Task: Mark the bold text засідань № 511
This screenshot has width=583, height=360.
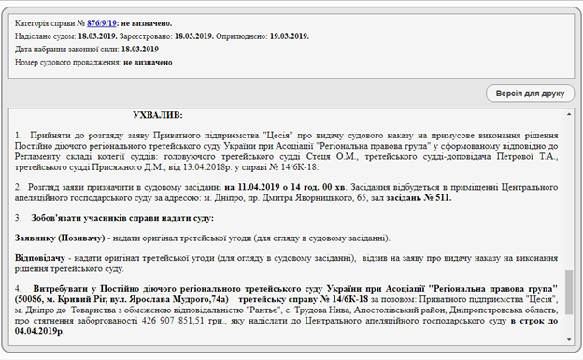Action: [x=419, y=200]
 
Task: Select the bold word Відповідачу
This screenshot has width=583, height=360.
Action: [x=42, y=257]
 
